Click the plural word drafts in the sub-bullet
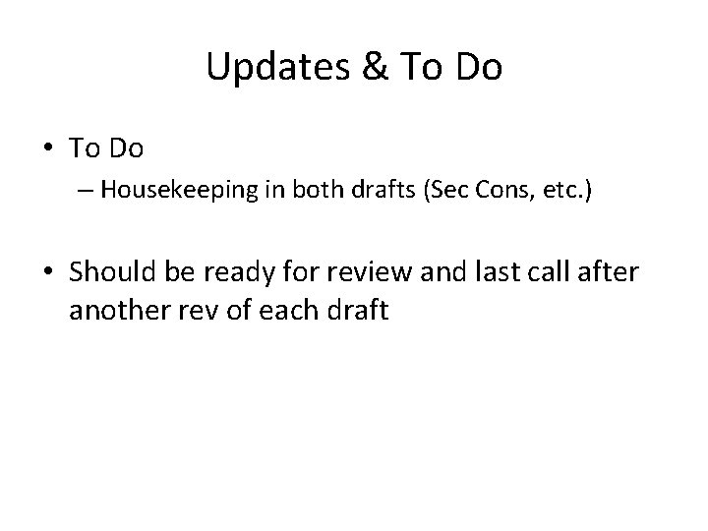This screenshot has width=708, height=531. click(367, 190)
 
